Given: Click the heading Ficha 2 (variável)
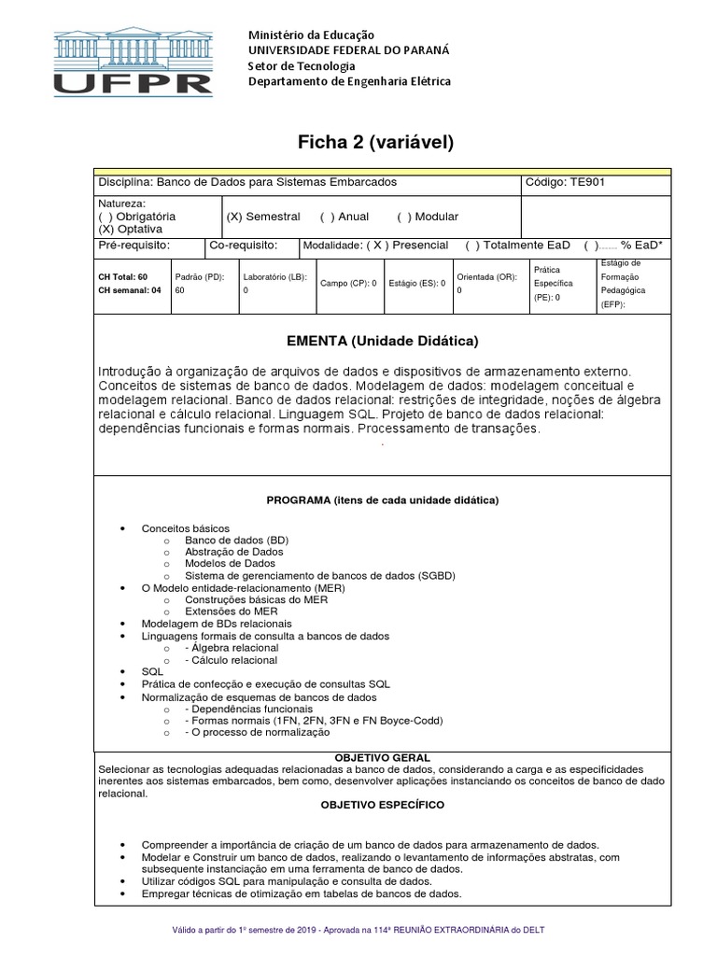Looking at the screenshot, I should point(375,142).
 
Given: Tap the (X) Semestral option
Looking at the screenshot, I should point(263,217).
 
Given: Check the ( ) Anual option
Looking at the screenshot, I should point(344,217).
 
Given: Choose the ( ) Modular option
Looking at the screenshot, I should point(427,217).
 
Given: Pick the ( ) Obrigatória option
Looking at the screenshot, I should point(136,217).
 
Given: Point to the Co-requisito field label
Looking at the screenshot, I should point(244,245).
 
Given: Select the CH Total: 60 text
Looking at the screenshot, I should point(122,277).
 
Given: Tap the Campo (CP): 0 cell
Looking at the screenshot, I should point(348,283).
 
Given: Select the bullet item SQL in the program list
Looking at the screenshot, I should point(152,671).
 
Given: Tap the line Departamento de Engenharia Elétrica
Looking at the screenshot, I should point(348,81).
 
